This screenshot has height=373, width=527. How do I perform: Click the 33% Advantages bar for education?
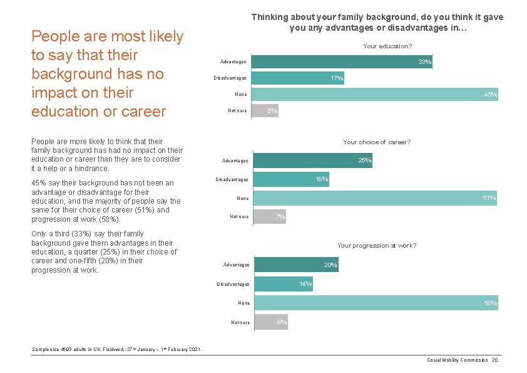[341, 62]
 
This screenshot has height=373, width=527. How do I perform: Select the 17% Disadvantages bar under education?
[297, 78]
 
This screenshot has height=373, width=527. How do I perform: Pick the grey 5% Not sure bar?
[265, 111]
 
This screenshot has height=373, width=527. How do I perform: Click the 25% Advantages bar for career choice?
[312, 160]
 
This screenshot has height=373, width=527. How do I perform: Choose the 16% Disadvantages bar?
[291, 179]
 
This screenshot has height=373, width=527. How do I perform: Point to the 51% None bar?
[375, 198]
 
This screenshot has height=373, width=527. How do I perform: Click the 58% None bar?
[376, 303]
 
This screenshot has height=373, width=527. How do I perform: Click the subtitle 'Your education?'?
[387, 46]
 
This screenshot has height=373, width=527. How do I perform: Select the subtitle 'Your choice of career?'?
[377, 142]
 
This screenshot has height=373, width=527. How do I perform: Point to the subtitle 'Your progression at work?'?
[377, 246]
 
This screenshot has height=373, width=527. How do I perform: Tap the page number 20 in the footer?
[494, 360]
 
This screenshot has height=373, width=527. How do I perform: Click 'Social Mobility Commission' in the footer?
[457, 360]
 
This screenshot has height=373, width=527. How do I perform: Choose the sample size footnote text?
[116, 349]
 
